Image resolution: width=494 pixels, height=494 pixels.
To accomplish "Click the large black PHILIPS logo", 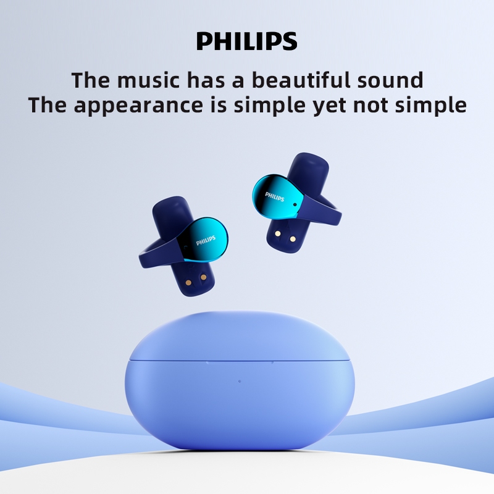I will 247,41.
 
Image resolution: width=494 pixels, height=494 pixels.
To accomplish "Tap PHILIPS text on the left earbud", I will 206,238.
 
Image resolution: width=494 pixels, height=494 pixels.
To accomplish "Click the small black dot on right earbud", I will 295,204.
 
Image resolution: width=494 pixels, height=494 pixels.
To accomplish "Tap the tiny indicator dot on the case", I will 240,381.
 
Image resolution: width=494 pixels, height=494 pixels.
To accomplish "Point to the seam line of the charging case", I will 185,359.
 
